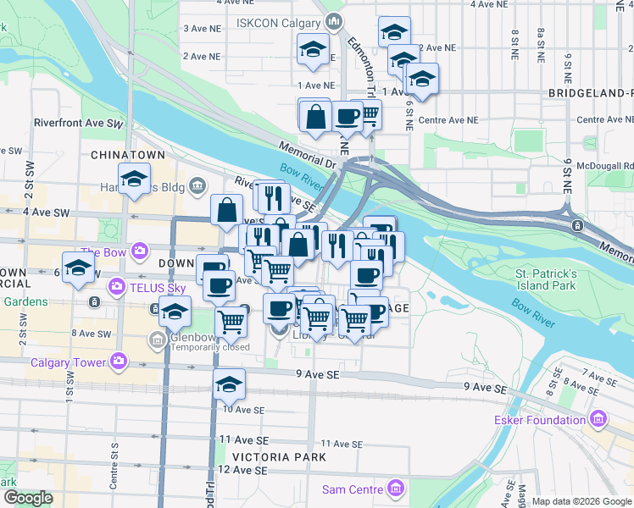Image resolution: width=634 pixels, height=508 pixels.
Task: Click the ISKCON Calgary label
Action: tap(279, 22)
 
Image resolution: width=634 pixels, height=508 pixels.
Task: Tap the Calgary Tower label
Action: tap(68, 363)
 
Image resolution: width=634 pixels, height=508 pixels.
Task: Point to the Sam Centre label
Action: tap(353, 489)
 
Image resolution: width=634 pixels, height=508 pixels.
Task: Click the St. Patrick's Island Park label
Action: tap(547, 280)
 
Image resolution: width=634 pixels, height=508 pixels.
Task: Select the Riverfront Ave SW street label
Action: tap(78, 123)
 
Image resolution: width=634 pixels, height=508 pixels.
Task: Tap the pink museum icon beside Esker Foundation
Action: tap(599, 419)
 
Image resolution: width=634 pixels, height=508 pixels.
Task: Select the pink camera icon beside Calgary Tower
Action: tap(119, 362)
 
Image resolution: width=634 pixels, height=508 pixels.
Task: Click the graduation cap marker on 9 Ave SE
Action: tap(229, 384)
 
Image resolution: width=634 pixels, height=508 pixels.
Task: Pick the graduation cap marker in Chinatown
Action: tap(135, 179)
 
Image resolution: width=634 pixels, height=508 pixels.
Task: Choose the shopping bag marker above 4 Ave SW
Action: tap(228, 210)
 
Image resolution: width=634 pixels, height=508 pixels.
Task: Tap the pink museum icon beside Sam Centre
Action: tap(395, 489)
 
